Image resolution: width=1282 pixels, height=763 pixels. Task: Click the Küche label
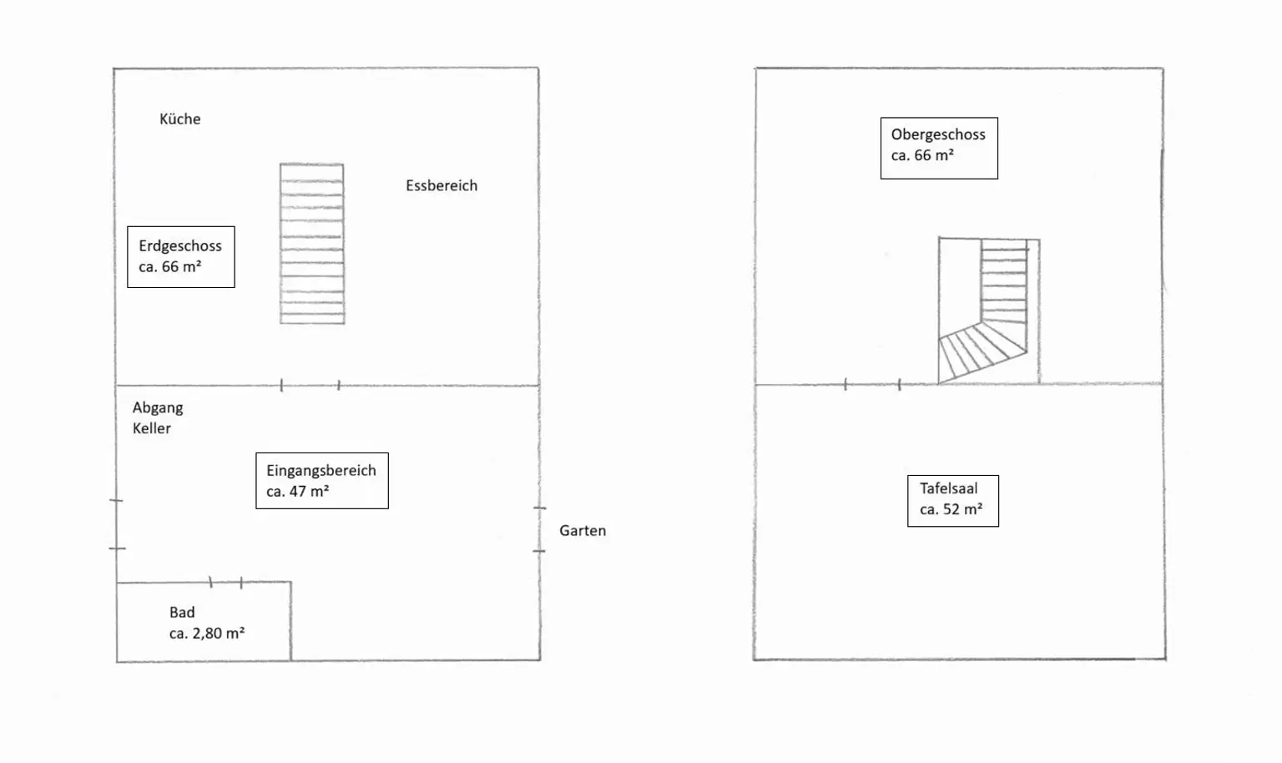pyautogui.click(x=179, y=119)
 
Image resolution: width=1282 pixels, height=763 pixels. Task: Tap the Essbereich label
pyautogui.click(x=442, y=186)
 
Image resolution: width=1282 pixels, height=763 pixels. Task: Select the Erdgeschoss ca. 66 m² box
pyautogui.click(x=180, y=257)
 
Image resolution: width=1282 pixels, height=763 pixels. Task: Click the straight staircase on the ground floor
pyautogui.click(x=311, y=243)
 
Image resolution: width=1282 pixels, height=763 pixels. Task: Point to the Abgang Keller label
pyautogui.click(x=157, y=417)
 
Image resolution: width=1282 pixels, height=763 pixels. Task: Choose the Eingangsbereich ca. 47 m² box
pyautogui.click(x=321, y=481)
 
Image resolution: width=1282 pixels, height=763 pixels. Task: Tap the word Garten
pyautogui.click(x=583, y=531)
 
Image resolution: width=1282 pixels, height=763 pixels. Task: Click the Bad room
pyautogui.click(x=204, y=622)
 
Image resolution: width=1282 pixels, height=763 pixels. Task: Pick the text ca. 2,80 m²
pyautogui.click(x=206, y=634)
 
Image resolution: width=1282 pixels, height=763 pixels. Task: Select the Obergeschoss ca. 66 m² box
pyautogui.click(x=938, y=148)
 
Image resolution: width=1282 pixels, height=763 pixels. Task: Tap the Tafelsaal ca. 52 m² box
pyautogui.click(x=952, y=500)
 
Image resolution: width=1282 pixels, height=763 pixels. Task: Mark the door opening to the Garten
pyautogui.click(x=539, y=529)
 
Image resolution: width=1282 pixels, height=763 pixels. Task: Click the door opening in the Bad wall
pyautogui.click(x=225, y=583)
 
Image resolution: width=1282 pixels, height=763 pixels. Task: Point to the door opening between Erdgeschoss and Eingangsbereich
pyautogui.click(x=310, y=386)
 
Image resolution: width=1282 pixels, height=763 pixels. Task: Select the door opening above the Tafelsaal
pyautogui.click(x=872, y=385)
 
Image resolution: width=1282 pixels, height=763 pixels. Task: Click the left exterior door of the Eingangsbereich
pyautogui.click(x=116, y=524)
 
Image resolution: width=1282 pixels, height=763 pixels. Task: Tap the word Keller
pyautogui.click(x=151, y=428)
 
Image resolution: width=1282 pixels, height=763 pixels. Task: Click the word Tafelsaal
pyautogui.click(x=948, y=489)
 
